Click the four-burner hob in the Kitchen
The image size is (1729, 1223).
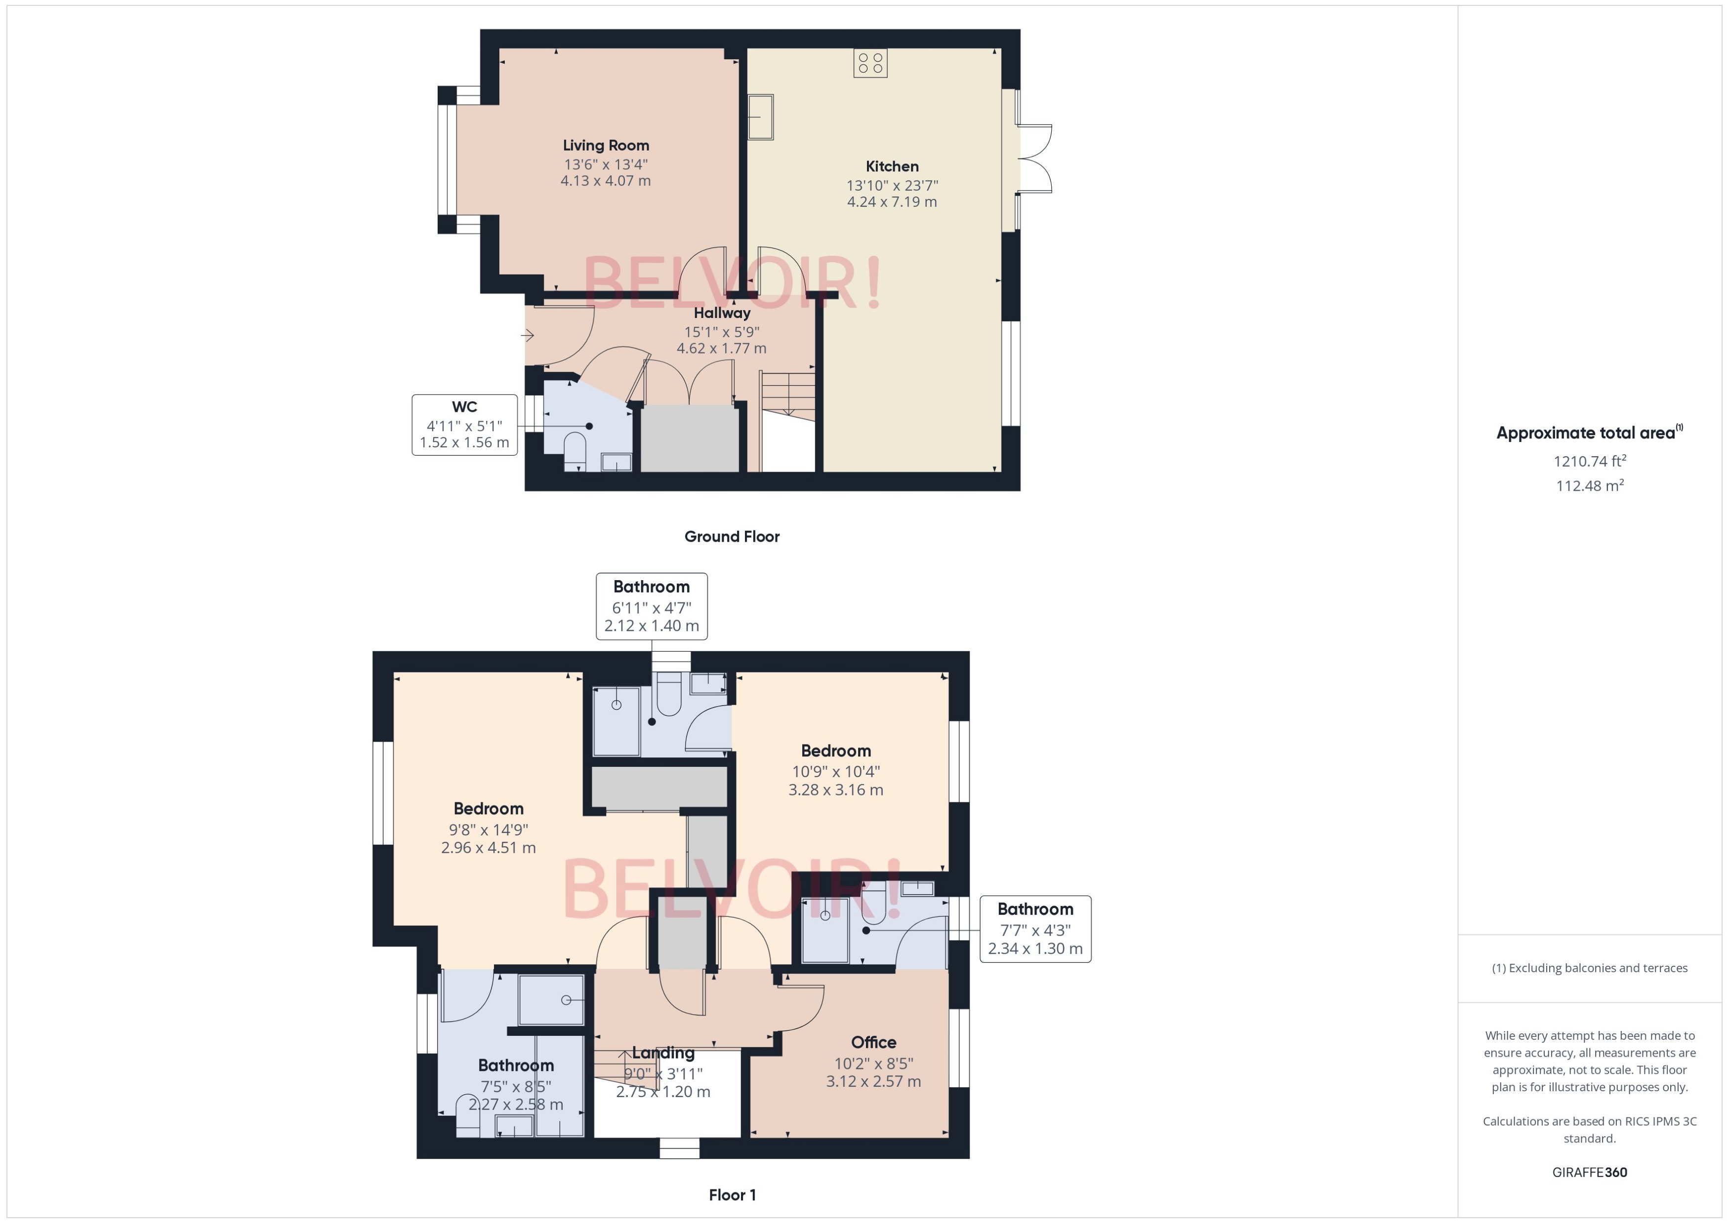870,63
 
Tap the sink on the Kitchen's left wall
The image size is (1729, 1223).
760,117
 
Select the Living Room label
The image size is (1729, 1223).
606,145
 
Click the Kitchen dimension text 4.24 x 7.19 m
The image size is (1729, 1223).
892,202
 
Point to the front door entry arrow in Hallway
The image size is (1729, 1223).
528,335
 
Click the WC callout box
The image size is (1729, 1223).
464,425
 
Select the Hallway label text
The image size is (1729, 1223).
722,313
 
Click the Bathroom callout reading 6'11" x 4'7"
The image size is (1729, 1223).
651,606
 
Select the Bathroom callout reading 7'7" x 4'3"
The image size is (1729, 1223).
1034,929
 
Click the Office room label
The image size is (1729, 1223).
873,1042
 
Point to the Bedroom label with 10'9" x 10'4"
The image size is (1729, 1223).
835,751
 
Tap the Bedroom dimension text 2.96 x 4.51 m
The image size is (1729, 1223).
488,848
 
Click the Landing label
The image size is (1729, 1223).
663,1053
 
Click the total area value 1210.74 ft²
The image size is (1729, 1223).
1590,461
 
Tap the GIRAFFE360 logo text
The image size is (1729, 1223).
1590,1173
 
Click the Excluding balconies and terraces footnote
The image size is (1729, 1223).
1590,968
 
